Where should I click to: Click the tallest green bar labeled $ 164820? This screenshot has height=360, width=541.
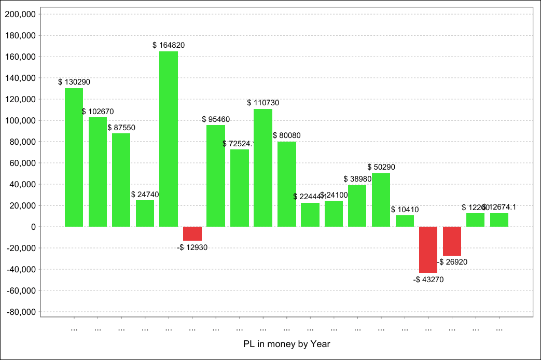(169, 139)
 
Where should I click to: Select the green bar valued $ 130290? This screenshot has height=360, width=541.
(74, 157)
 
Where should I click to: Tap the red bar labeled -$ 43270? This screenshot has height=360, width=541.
(428, 250)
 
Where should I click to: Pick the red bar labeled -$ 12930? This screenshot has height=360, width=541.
(192, 233)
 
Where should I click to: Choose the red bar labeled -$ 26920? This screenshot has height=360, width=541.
(452, 241)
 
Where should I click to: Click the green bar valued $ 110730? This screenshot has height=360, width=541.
(263, 168)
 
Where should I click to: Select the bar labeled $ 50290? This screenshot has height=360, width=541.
(381, 200)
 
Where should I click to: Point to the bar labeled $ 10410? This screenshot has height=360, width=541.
(405, 221)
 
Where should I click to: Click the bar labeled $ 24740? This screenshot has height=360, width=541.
(145, 213)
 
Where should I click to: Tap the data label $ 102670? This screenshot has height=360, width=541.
(98, 112)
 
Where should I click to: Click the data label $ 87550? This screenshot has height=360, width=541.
(121, 127)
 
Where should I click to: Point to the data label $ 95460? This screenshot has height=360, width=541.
(216, 119)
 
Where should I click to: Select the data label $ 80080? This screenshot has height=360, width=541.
(286, 135)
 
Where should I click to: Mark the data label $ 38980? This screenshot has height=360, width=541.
(357, 178)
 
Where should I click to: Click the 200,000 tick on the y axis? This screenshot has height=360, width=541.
(20, 15)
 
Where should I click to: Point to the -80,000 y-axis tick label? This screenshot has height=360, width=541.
(20, 312)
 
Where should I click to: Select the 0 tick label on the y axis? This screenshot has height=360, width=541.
(33, 227)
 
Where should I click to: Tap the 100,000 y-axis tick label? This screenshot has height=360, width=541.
(20, 121)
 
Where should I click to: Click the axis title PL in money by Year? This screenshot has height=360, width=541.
(286, 344)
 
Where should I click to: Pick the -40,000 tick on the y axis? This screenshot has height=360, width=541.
(20, 270)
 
